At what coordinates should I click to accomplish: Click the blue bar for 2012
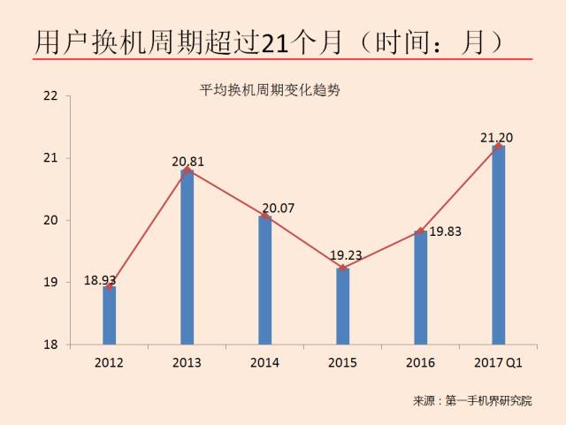coord(109,315)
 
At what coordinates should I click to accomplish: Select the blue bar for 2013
coord(187,257)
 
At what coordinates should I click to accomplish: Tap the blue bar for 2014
coord(264,280)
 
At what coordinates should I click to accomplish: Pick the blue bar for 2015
coord(343,306)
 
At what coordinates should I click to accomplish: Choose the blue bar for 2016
coord(421,287)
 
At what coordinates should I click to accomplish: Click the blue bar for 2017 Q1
coord(499,245)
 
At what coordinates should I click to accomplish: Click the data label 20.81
coord(187,161)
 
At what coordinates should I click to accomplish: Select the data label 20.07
coord(287,208)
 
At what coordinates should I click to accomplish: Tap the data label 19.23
coord(346,255)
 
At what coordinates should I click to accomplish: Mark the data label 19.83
coord(445,231)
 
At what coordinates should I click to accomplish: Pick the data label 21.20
coord(496,137)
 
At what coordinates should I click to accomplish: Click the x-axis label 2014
coord(264,363)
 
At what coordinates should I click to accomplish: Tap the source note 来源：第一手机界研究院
coord(473,401)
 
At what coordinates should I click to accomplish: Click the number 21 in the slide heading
coord(276,42)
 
